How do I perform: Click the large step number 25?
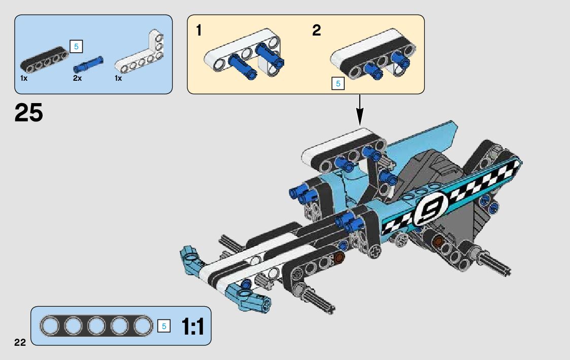click(29, 113)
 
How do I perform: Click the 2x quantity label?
click(77, 79)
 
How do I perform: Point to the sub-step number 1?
click(199, 31)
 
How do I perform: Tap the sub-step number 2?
click(317, 31)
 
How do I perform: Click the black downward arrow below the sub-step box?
click(360, 110)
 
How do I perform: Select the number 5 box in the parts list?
click(76, 47)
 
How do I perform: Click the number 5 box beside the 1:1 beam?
click(163, 326)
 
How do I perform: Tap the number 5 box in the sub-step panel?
click(338, 84)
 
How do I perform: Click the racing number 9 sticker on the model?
click(427, 209)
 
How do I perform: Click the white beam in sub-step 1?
click(239, 51)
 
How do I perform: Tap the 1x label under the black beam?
click(24, 79)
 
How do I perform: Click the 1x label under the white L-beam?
click(118, 79)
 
